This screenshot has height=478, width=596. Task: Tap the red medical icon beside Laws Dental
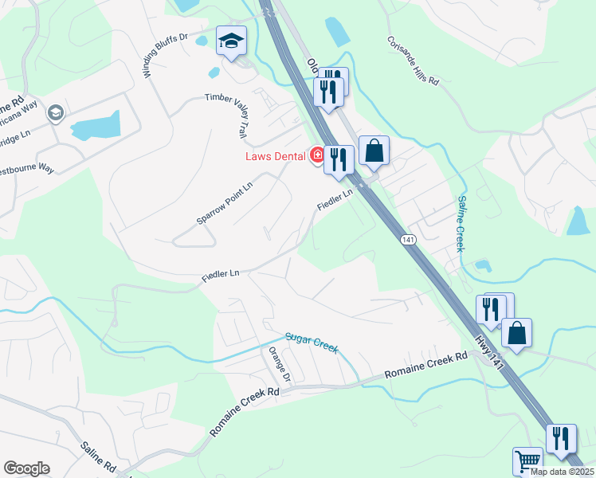316,155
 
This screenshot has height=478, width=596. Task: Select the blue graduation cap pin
231,42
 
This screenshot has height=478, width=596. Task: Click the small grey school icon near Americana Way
55,113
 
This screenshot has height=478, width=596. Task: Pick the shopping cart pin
527,461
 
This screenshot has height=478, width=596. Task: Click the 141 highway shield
408,240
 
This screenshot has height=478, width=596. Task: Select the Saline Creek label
461,224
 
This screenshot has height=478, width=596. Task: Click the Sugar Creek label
313,343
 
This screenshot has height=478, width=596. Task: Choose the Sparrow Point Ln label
225,202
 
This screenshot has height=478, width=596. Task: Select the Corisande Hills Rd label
414,60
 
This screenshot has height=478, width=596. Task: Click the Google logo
26,468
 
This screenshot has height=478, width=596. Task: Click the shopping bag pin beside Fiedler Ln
374,151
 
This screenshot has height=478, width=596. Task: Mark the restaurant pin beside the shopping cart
561,440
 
